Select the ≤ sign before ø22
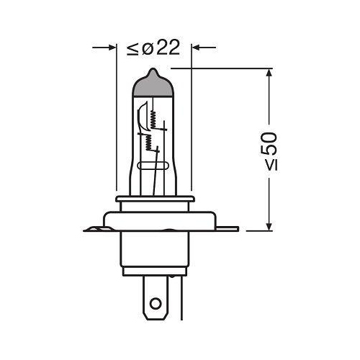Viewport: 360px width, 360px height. click(x=131, y=48)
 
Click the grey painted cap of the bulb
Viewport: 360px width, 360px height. click(x=153, y=86)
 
